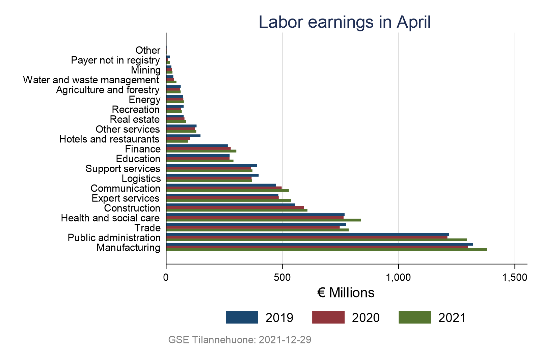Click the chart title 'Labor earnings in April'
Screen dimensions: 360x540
(345, 22)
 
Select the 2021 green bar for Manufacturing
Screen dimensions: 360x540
(326, 250)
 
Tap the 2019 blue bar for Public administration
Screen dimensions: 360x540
(307, 234)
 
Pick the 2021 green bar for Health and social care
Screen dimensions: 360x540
(264, 220)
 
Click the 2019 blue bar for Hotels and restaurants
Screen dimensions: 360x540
(183, 136)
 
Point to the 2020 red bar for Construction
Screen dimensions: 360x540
(235, 207)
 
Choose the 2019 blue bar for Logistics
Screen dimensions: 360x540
(212, 175)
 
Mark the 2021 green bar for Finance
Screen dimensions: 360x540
(201, 151)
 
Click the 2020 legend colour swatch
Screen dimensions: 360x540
(328, 317)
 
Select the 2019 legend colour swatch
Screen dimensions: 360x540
(242, 317)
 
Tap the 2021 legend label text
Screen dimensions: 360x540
(452, 318)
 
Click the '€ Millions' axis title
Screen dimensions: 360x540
(346, 293)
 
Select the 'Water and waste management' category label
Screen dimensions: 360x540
(91, 80)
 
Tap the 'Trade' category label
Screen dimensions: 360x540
(147, 228)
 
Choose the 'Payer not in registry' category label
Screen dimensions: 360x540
(115, 60)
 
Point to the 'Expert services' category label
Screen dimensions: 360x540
(126, 198)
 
